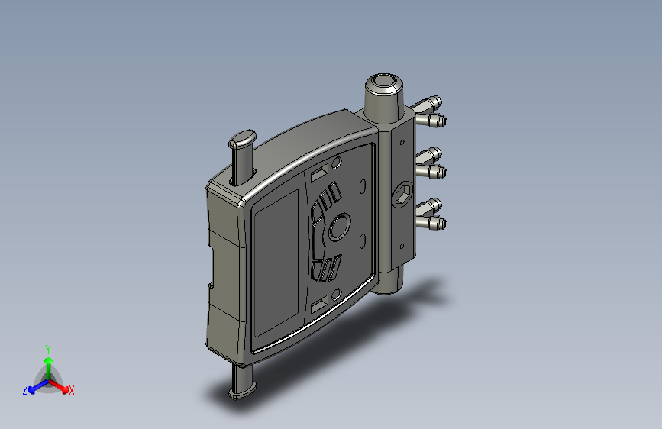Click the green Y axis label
48,350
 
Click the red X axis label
71,391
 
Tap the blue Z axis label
25,390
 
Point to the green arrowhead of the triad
49,361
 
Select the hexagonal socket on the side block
402,195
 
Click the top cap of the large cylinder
384,81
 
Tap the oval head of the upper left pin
243,138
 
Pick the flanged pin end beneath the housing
242,392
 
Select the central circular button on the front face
340,227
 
